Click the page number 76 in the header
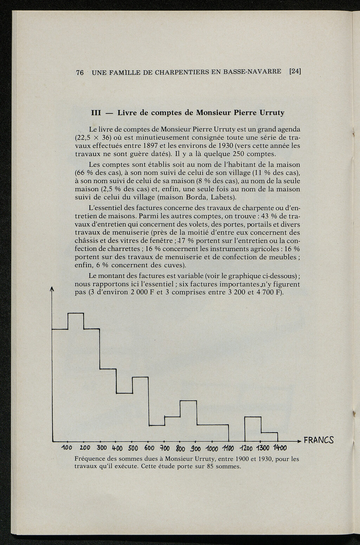pos(80,73)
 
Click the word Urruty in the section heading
pos(272,113)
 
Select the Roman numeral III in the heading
pos(96,113)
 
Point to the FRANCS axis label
pos(319,440)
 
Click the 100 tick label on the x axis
pos(66,449)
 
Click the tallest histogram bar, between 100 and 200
pos(76,376)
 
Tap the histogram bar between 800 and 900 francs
pos(188,421)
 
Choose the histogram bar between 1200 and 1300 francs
pos(253,429)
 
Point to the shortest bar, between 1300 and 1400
pos(269,437)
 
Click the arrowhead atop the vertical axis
pos(52,289)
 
